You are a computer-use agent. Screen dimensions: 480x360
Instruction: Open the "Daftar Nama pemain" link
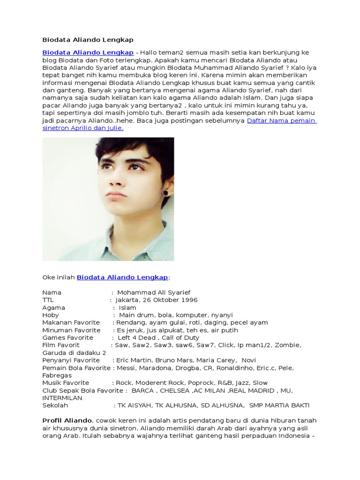[281, 120]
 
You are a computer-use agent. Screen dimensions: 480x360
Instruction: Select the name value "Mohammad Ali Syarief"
[154, 292]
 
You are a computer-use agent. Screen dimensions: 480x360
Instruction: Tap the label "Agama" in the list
[53, 307]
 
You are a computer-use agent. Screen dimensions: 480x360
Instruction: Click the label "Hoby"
[51, 315]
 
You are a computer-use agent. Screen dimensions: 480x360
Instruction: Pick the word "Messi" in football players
[125, 367]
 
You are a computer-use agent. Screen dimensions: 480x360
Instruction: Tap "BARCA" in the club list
[142, 390]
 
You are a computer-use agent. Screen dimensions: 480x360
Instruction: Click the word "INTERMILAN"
[62, 397]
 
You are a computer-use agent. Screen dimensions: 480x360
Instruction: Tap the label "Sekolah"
[55, 405]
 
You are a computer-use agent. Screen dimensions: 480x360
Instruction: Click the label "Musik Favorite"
[66, 382]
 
